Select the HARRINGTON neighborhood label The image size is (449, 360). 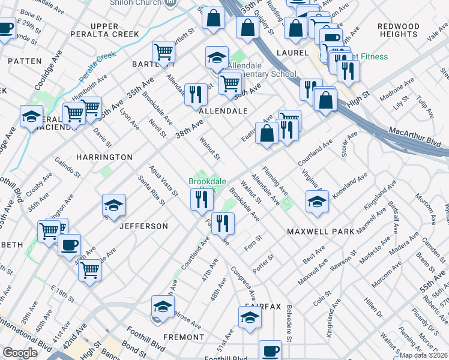[x=104, y=157]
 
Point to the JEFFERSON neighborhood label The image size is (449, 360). [x=144, y=226]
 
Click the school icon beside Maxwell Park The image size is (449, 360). [x=317, y=202]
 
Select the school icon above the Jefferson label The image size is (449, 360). [x=113, y=206]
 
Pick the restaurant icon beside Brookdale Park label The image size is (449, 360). [x=202, y=199]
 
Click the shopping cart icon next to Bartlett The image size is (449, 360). [x=163, y=52]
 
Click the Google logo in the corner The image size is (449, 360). [x=20, y=353]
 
